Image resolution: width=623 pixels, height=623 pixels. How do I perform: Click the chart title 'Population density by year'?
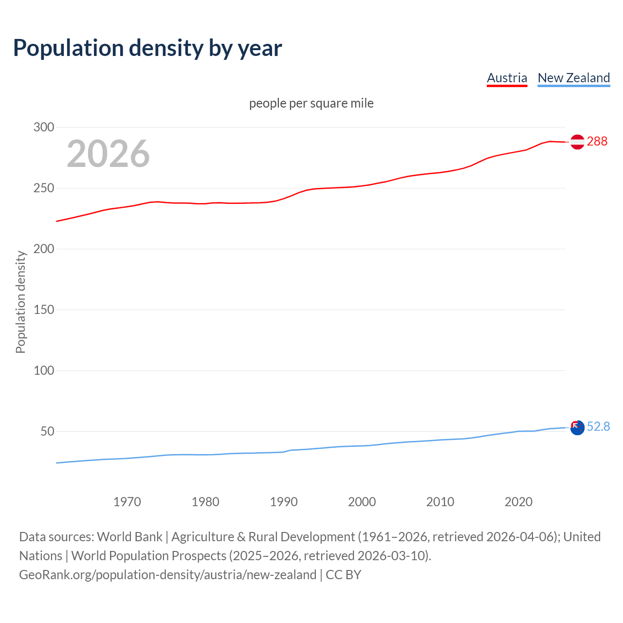147,48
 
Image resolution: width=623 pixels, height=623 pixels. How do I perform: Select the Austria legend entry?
507,78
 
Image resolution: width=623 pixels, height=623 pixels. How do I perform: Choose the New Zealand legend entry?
573,78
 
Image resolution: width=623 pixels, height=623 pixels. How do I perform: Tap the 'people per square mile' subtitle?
311,103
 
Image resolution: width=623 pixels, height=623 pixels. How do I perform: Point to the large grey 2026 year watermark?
108,154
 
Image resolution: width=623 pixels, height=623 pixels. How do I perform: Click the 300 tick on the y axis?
43,128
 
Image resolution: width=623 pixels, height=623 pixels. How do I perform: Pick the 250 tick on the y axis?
43,188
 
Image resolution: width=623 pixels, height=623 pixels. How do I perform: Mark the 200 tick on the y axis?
43,249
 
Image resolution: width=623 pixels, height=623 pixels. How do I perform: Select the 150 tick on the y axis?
43,310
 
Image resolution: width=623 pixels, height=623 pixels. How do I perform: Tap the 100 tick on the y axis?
43,371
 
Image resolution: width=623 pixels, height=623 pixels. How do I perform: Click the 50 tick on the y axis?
47,432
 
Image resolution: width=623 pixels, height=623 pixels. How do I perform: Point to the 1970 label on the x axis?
127,502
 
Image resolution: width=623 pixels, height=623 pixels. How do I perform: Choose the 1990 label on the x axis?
284,502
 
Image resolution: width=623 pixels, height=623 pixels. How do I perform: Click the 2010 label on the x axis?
440,502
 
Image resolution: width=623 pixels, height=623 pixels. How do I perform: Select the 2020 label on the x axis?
518,502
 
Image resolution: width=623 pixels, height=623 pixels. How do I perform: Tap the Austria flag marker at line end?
577,142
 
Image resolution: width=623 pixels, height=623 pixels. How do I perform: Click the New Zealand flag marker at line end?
577,428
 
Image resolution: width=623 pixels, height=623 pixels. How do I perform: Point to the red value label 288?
597,142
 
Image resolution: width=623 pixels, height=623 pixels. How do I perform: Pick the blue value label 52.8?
598,427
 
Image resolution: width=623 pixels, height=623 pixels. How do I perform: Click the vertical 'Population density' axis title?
20,302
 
